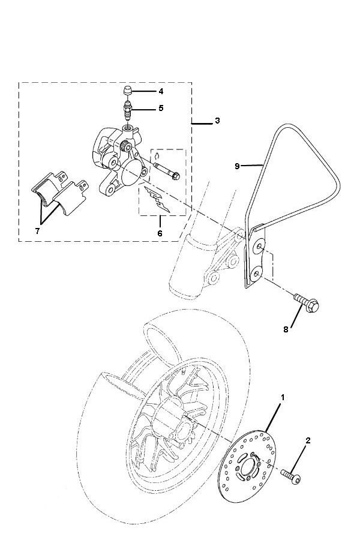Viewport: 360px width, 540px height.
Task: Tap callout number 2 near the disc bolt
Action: click(x=308, y=441)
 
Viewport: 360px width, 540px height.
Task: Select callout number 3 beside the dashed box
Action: click(x=217, y=121)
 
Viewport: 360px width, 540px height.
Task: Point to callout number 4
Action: click(x=161, y=91)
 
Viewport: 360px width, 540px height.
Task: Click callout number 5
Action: click(x=161, y=109)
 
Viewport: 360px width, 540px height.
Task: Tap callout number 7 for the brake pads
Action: click(x=38, y=230)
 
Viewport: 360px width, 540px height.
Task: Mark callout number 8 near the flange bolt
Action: click(x=286, y=329)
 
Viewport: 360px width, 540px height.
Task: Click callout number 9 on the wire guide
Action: click(x=237, y=166)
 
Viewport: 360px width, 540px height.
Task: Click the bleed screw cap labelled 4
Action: click(x=127, y=91)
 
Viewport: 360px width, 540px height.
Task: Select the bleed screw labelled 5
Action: click(x=127, y=110)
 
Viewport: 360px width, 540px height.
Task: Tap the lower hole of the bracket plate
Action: click(x=256, y=273)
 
